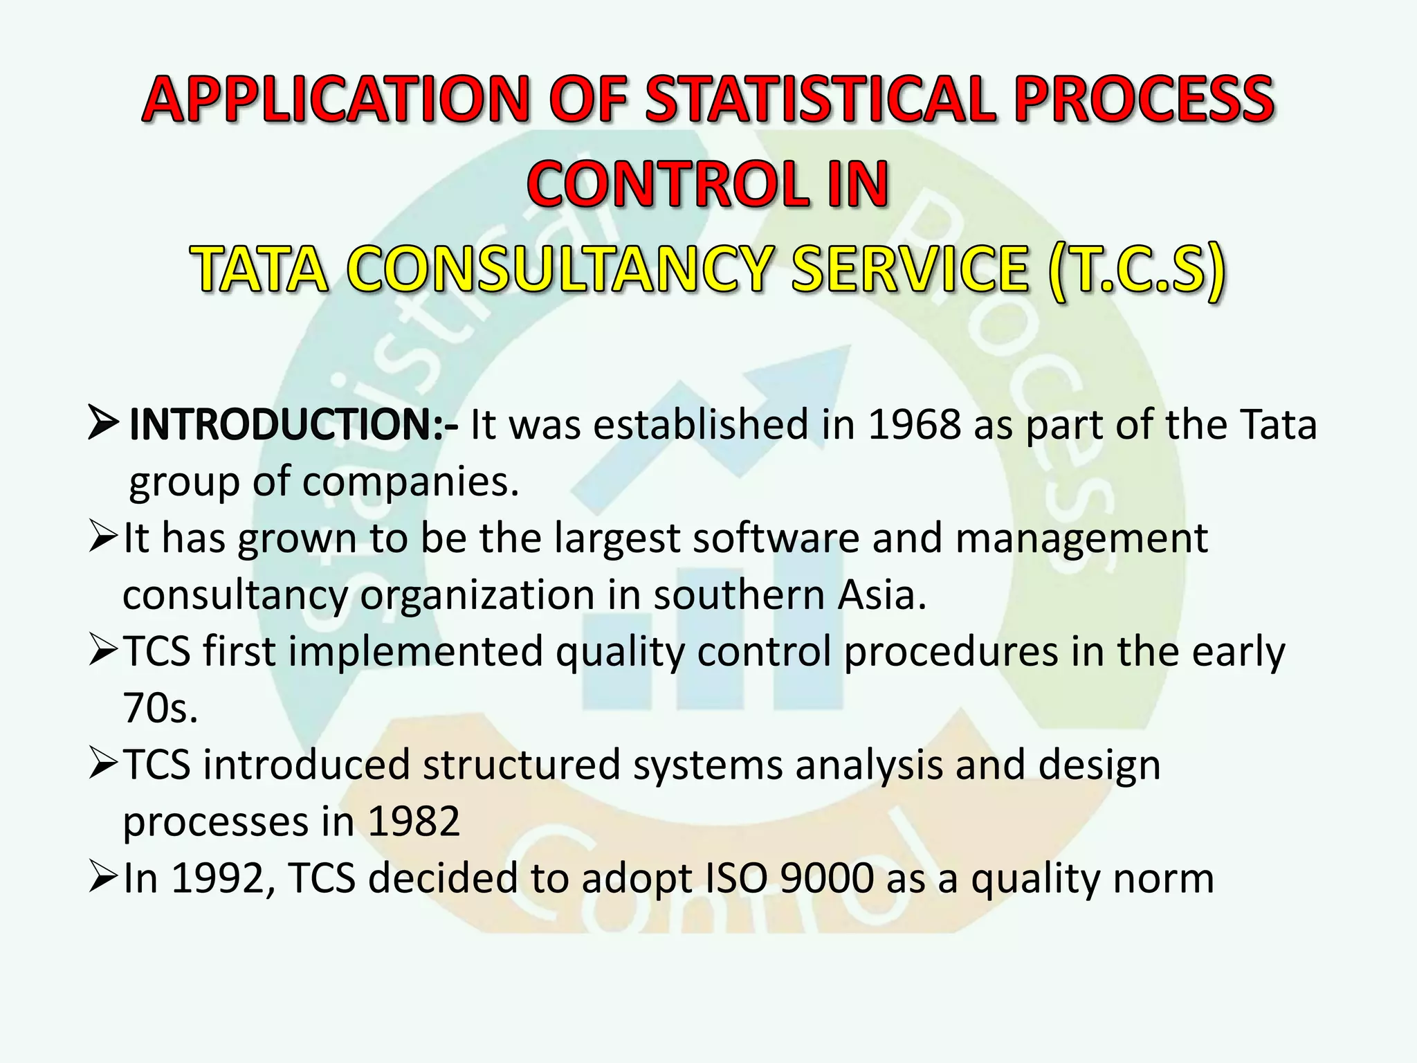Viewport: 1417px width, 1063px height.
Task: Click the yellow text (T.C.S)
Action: tap(1136, 270)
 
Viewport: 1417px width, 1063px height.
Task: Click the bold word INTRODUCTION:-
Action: tap(293, 424)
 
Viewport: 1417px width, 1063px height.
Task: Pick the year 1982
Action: tap(413, 822)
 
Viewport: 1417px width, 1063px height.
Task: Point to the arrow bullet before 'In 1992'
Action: tap(104, 879)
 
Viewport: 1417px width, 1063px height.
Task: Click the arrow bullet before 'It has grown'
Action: tap(104, 538)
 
